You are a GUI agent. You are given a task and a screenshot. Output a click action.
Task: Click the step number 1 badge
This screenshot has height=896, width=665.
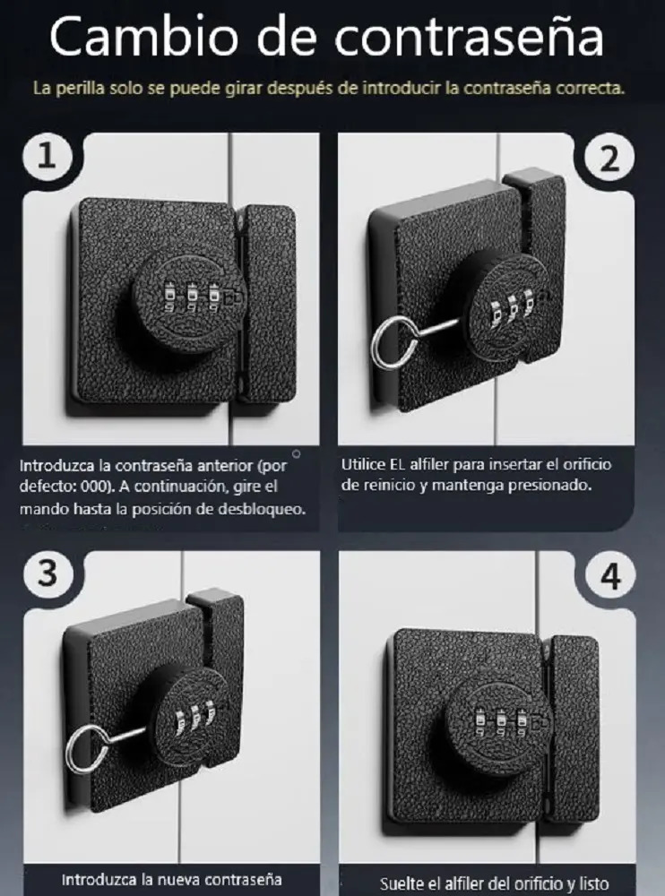click(x=47, y=156)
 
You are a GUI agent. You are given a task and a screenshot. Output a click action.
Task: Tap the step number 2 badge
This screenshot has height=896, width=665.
click(x=609, y=159)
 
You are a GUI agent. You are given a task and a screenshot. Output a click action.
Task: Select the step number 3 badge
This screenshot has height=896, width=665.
click(x=48, y=573)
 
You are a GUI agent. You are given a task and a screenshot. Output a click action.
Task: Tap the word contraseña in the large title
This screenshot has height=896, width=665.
click(x=469, y=37)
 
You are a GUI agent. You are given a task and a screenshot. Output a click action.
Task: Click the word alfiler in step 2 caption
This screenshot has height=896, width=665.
click(x=429, y=464)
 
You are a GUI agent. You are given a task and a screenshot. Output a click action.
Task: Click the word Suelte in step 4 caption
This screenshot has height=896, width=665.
click(x=402, y=883)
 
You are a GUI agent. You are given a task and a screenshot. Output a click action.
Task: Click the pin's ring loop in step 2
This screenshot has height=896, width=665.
click(x=388, y=343)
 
